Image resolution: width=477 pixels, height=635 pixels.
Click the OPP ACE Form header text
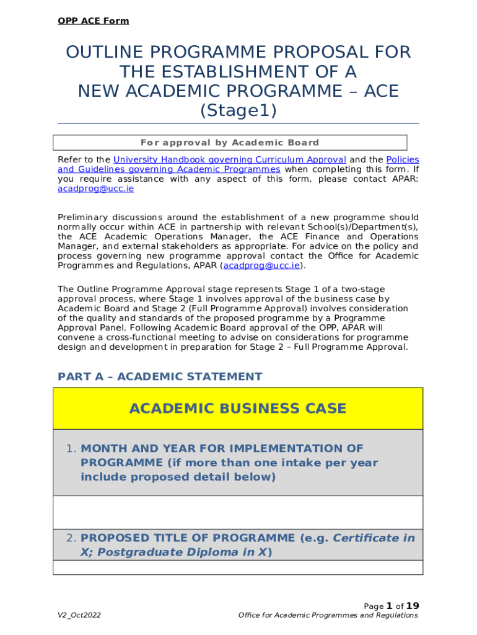pyautogui.click(x=93, y=21)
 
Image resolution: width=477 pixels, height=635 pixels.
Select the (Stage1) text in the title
pyautogui.click(x=238, y=111)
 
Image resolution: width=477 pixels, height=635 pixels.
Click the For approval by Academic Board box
pyautogui.click(x=230, y=143)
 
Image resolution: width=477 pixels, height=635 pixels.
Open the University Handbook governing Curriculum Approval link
pyautogui.click(x=229, y=159)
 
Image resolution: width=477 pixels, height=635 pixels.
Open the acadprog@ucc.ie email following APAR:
pyautogui.click(x=95, y=189)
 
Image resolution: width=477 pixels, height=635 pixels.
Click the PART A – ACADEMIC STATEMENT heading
pyautogui.click(x=160, y=376)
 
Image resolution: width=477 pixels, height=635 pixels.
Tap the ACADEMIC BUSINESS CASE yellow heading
pyautogui.click(x=238, y=409)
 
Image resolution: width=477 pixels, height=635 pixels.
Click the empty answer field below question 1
pyautogui.click(x=238, y=512)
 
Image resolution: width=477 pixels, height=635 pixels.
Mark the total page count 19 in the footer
pyautogui.click(x=413, y=605)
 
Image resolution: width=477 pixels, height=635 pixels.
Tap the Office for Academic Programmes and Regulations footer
pyautogui.click(x=328, y=615)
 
